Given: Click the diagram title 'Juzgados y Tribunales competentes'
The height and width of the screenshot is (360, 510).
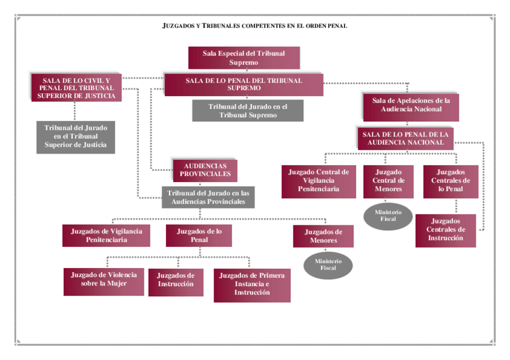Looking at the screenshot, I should (255, 26).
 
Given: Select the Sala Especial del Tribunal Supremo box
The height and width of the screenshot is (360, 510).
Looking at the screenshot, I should (244, 58).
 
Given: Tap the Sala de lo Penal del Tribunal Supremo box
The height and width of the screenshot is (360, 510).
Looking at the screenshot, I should (244, 85).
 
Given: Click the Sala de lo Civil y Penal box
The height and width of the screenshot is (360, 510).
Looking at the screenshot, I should (76, 88).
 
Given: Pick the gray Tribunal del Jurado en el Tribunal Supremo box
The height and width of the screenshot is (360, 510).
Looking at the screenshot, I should (248, 111).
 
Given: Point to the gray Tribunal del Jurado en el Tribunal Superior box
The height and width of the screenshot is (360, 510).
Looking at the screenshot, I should (76, 137).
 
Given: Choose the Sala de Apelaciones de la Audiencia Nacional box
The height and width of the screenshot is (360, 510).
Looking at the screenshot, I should (411, 105).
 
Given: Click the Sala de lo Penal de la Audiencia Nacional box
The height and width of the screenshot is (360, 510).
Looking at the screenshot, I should (405, 138).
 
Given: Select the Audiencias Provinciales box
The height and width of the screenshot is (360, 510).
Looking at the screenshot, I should (205, 170).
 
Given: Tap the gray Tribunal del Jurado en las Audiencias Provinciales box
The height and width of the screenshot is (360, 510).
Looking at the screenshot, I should (208, 197).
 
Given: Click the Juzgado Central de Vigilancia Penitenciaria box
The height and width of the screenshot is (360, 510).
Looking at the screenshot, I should (318, 181).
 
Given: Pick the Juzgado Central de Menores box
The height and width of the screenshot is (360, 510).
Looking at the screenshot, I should (389, 181).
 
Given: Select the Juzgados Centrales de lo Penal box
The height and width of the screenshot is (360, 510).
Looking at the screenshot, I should (450, 181).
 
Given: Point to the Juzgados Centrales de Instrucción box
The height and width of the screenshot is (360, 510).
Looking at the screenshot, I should (446, 230).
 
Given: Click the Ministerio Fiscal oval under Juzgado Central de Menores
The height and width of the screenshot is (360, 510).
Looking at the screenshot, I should (388, 216).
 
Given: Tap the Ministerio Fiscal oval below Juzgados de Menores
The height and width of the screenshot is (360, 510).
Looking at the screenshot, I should (328, 265).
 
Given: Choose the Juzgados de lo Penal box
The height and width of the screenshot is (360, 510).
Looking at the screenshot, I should (199, 236).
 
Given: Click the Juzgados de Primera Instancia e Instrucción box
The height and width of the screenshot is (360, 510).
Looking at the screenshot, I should (252, 284).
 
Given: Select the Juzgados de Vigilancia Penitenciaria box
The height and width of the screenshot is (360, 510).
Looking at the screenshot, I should (106, 236).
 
